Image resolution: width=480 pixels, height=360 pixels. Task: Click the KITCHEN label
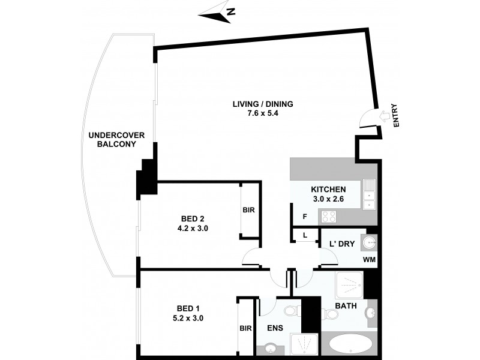coord(328,189)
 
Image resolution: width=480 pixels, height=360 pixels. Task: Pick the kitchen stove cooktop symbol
coord(329,216)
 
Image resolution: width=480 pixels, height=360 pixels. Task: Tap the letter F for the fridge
coord(305,216)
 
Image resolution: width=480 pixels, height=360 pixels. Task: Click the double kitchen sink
coord(370,194)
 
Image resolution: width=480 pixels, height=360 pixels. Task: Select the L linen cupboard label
coord(305,235)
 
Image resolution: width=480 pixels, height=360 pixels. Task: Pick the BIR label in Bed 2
coord(248,211)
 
